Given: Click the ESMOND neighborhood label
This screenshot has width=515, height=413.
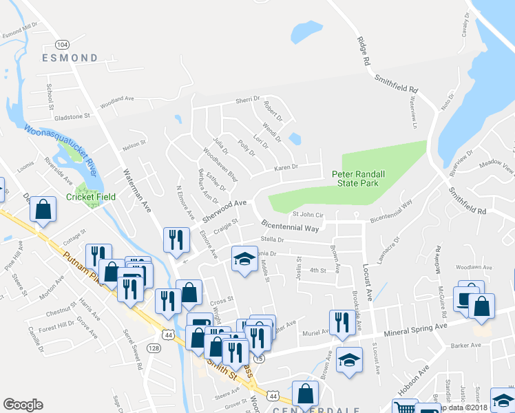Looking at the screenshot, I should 70,57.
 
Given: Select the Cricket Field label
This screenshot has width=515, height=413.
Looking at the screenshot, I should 91,196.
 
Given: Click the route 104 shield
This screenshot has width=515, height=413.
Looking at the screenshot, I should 63,44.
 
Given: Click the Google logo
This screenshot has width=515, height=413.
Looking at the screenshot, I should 23,405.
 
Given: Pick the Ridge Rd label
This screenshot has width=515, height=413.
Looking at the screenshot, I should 365,52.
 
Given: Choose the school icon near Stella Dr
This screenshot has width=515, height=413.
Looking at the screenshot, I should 242,259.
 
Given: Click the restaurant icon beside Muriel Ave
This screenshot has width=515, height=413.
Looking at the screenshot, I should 341,322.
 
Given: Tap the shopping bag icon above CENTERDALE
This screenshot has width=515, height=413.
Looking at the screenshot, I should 304,394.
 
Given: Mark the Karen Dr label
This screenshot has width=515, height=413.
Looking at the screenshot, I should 286,167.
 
